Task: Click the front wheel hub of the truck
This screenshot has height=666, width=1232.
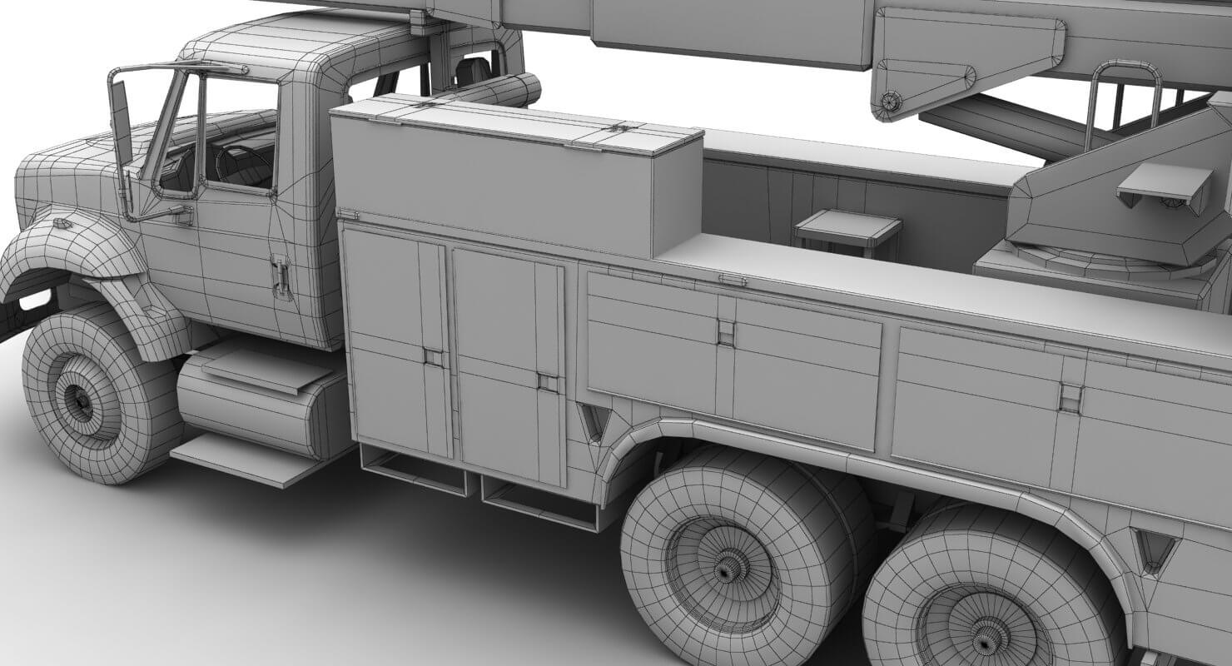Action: (x=82, y=402)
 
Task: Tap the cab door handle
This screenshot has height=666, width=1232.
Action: (x=281, y=276)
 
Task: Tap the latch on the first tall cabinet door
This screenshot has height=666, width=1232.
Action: (x=433, y=356)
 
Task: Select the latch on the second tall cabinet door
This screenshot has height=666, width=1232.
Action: (x=547, y=382)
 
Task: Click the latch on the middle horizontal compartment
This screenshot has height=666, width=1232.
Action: (x=726, y=332)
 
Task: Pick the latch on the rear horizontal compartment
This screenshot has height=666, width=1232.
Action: (x=1071, y=397)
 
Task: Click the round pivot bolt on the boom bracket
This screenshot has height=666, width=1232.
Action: (x=891, y=102)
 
